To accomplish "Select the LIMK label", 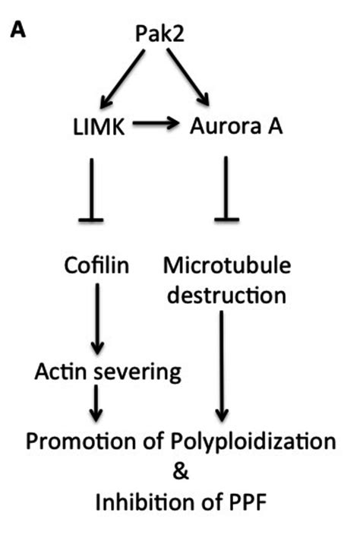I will click(90, 126).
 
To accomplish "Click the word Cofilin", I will click(96, 267).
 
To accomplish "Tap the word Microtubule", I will click(226, 267).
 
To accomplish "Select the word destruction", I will click(226, 294).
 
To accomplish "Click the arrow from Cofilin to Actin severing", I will click(96, 320).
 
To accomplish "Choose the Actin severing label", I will click(109, 372).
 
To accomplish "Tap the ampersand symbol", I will click(180, 472).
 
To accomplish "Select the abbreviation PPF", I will click(245, 504).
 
